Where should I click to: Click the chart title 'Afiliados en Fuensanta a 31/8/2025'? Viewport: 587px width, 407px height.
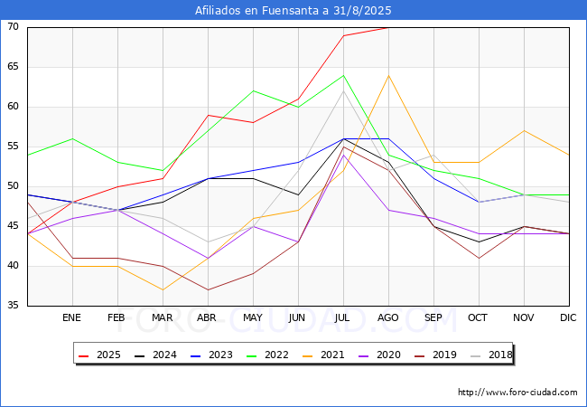pyautogui.click(x=293, y=11)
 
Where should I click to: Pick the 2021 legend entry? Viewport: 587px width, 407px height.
pyautogui.click(x=320, y=355)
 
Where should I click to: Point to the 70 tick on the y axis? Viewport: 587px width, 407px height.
pyautogui.click(x=14, y=27)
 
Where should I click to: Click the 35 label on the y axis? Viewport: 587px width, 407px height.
pyautogui.click(x=14, y=306)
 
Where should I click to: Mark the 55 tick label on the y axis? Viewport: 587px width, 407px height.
pyautogui.click(x=14, y=147)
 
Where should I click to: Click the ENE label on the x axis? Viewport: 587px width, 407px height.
pyautogui.click(x=72, y=318)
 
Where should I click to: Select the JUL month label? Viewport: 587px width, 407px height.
pyautogui.click(x=343, y=318)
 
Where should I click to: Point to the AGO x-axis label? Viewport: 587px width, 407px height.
pyautogui.click(x=388, y=318)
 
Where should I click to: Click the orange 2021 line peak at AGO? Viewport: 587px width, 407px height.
pyautogui.click(x=388, y=75)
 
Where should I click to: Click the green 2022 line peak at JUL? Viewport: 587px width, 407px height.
pyautogui.click(x=343, y=75)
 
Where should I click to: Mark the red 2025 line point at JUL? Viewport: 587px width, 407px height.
pyautogui.click(x=343, y=35)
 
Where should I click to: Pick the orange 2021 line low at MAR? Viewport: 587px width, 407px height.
pyautogui.click(x=163, y=289)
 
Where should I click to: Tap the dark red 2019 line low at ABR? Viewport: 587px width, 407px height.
pyautogui.click(x=208, y=289)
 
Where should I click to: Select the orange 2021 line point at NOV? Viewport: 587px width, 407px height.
pyautogui.click(x=524, y=130)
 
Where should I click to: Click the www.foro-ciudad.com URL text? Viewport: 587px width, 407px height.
pyautogui.click(x=517, y=393)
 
